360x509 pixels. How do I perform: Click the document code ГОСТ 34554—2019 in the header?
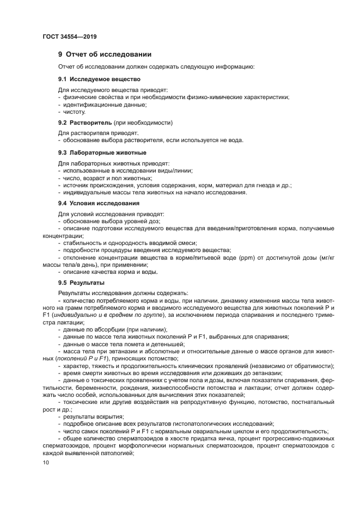70,37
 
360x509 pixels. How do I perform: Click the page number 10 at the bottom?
46,462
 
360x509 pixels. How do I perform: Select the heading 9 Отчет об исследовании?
105,54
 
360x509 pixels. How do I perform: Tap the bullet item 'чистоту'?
74,112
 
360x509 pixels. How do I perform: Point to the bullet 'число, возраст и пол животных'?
107,177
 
